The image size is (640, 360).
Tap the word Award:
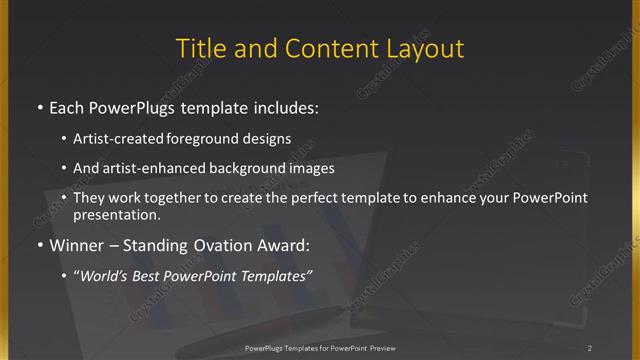[281, 245]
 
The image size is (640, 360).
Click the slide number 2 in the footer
[590, 348]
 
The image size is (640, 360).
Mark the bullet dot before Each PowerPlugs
[39, 107]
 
